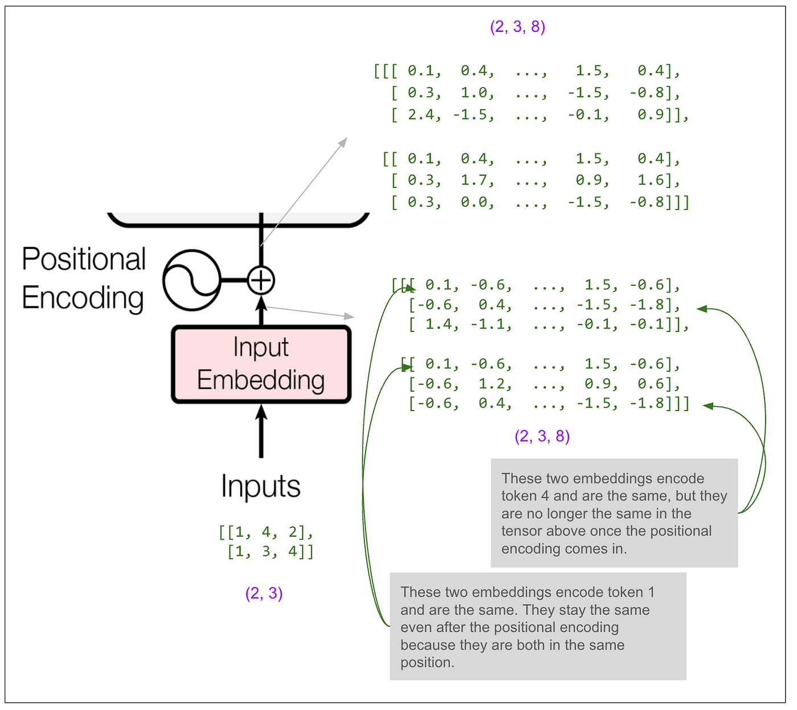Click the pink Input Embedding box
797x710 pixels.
coord(261,364)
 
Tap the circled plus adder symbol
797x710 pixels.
coord(261,280)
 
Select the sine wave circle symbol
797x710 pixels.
coord(192,280)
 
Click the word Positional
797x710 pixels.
coord(84,259)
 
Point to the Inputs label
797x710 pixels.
coord(261,487)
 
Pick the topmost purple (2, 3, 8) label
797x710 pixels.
coord(517,27)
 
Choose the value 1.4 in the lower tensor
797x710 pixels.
coord(441,325)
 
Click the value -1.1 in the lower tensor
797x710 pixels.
coord(490,325)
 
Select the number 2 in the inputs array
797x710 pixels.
coord(293,532)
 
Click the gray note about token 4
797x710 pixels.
coord(614,513)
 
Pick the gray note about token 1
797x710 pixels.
coord(538,626)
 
